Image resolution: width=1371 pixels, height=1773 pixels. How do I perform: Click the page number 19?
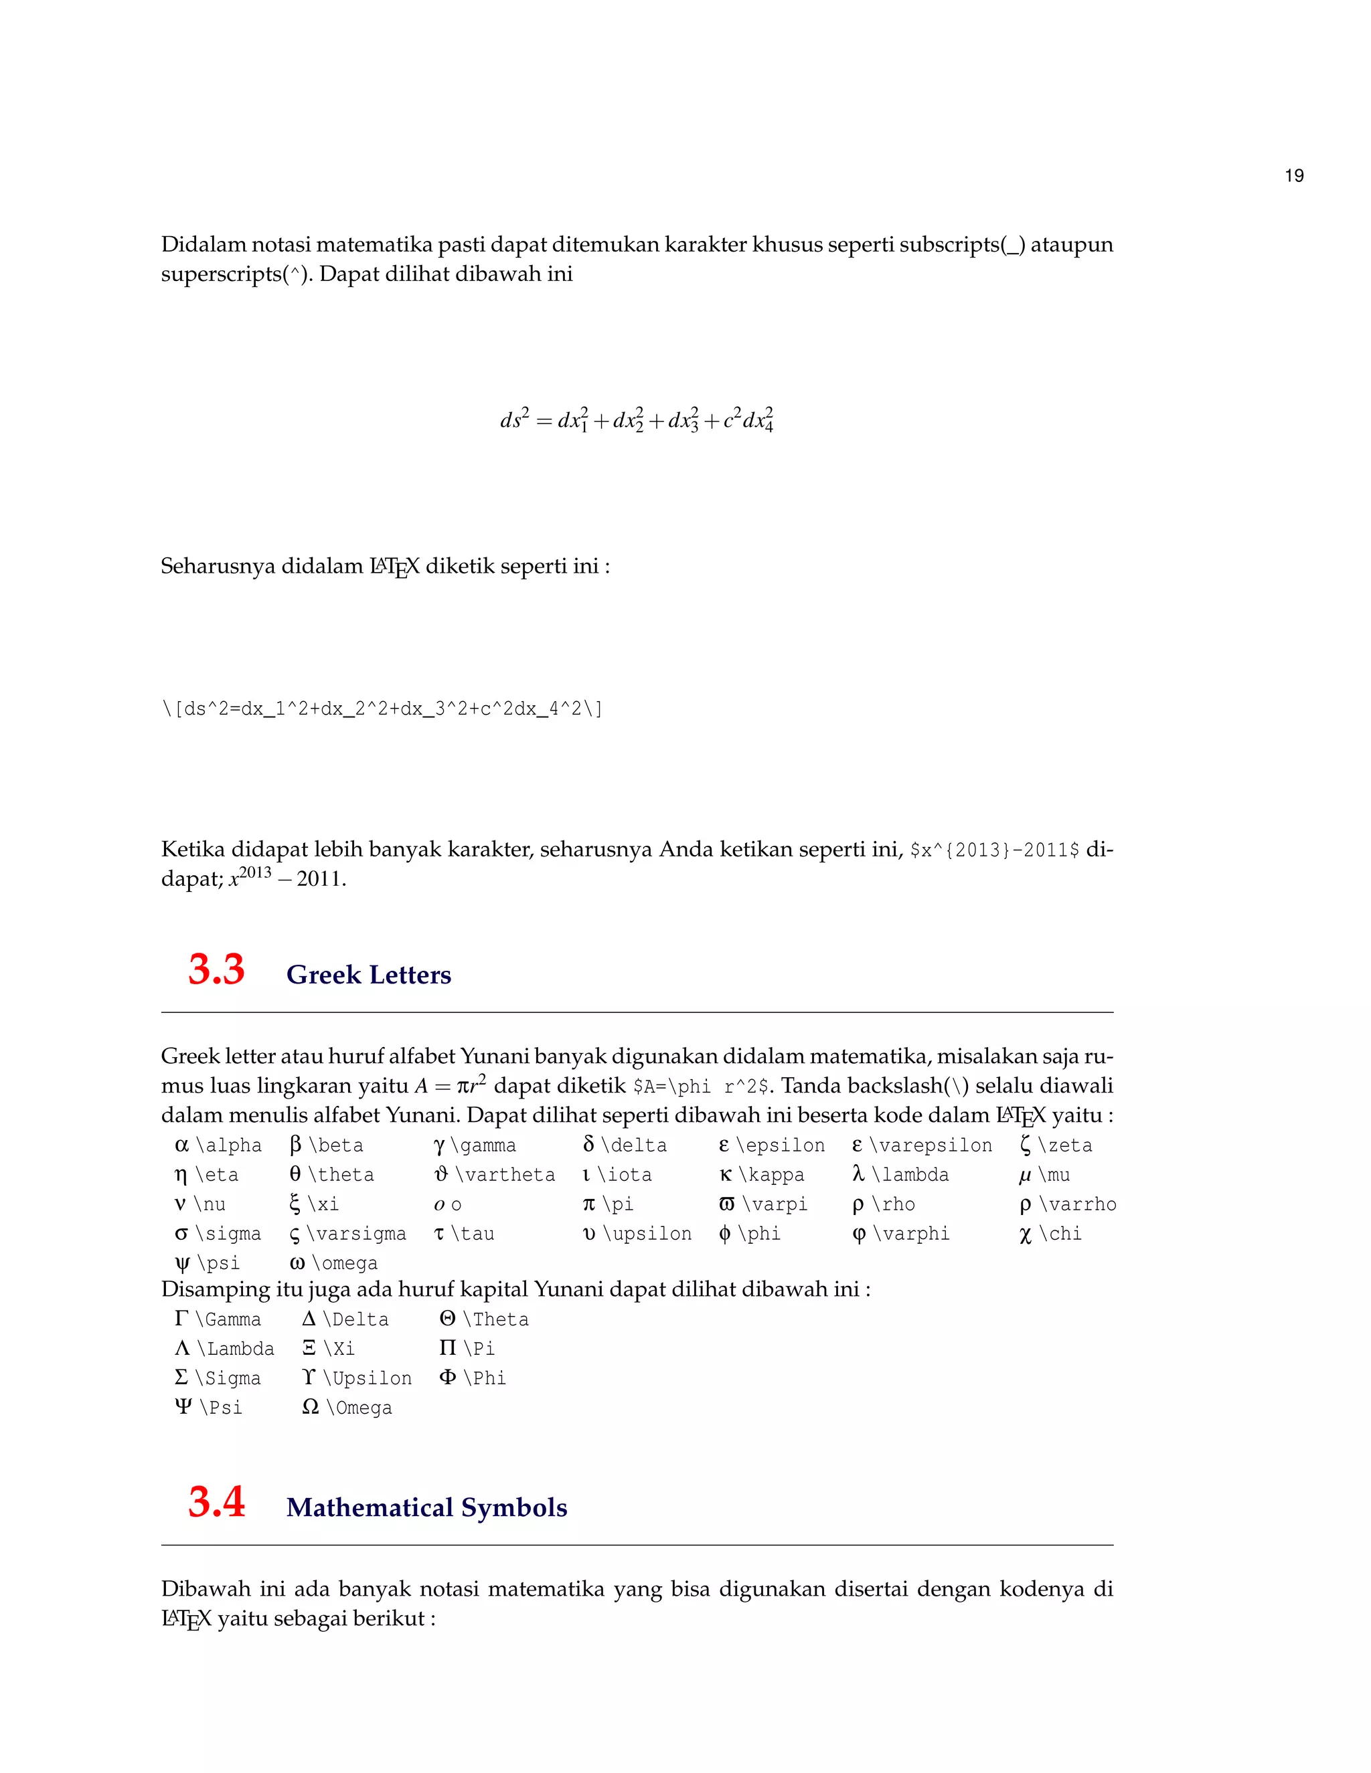[x=1294, y=176]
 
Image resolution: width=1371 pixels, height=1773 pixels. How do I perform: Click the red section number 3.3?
[x=216, y=970]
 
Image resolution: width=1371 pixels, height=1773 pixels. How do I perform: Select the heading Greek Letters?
[x=369, y=975]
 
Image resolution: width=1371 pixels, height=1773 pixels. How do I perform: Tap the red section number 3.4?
[x=216, y=1502]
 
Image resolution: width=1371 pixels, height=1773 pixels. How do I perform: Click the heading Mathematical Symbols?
[x=426, y=1507]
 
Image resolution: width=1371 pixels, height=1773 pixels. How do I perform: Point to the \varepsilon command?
[x=931, y=1145]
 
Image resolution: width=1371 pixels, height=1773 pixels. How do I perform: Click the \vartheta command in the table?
[x=504, y=1175]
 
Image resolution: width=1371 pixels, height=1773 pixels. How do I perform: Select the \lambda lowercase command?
[x=910, y=1175]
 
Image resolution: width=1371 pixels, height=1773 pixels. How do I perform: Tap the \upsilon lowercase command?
[x=647, y=1234]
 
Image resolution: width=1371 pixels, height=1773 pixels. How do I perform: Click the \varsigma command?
[x=355, y=1234]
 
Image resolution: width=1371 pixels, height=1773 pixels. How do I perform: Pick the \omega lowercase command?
[x=344, y=1263]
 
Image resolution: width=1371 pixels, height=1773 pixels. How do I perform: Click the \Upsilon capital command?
[x=367, y=1378]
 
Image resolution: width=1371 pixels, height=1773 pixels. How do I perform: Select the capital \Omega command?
[x=358, y=1408]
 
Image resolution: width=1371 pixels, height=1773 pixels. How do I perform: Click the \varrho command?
[x=1078, y=1204]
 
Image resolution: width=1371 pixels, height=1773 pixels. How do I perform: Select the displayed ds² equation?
[x=637, y=419]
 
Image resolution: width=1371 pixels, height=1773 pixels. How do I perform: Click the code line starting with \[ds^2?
[x=382, y=709]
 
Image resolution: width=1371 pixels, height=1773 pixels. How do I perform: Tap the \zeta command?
[x=1065, y=1145]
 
